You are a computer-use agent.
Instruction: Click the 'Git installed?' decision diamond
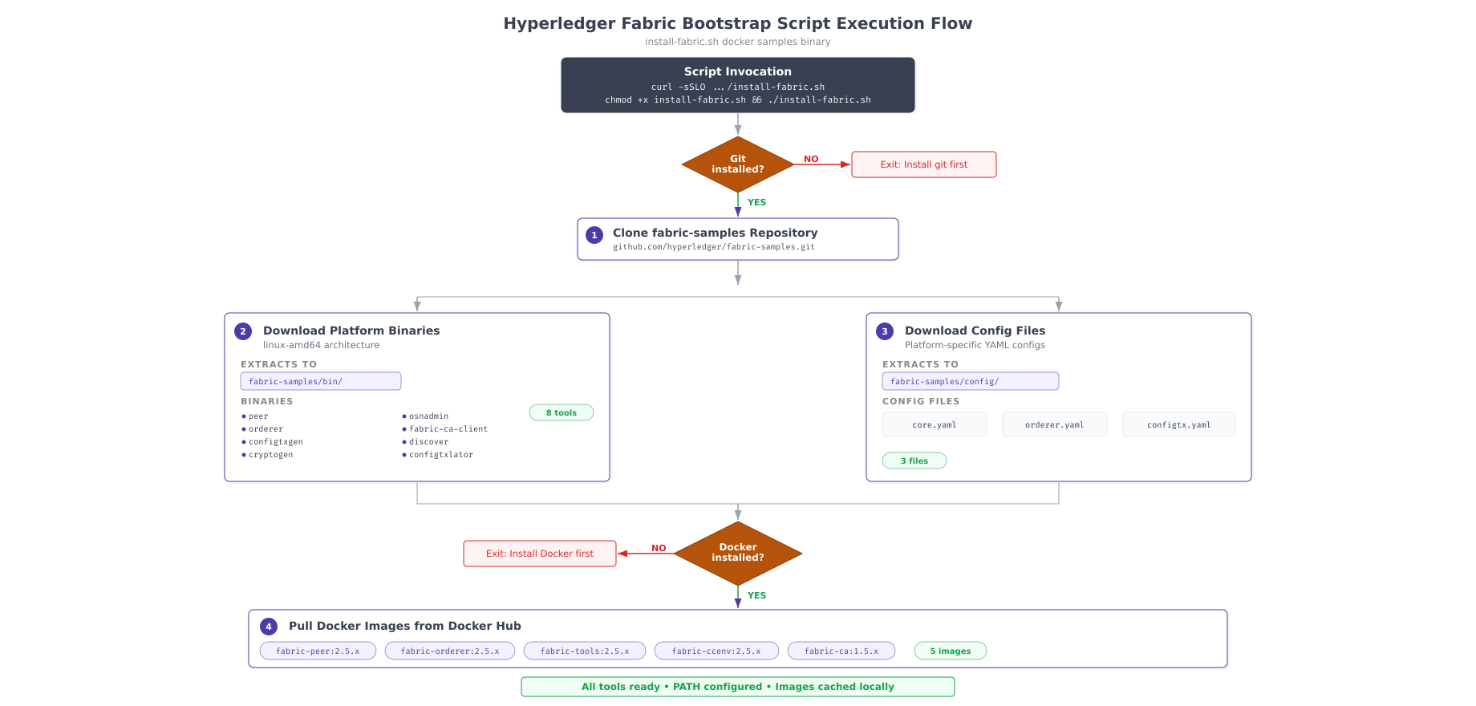[737, 164]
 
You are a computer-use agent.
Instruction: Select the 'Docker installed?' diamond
[737, 553]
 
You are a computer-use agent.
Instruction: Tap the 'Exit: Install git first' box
[923, 164]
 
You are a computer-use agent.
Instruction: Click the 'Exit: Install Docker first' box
[539, 554]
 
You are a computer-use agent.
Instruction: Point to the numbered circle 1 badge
[594, 235]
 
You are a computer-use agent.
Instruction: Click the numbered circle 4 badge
[269, 627]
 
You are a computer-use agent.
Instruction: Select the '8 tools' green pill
[561, 412]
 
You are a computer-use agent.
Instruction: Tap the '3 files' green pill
[914, 461]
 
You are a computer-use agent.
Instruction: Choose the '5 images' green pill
[950, 651]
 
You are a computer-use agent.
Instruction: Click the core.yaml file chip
[934, 424]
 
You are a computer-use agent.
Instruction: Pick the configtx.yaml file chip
[1178, 424]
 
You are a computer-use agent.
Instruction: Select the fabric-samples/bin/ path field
[320, 381]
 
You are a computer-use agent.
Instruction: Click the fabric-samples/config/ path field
[970, 381]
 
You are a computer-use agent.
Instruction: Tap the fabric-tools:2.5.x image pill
[584, 651]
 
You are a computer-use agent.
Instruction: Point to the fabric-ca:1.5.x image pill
[841, 651]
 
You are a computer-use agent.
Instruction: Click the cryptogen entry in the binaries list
[270, 455]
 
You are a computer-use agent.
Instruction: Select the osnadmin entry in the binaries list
[428, 416]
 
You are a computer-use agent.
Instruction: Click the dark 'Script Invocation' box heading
[737, 71]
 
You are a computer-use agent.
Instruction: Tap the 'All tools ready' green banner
[737, 687]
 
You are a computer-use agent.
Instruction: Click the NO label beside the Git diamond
[811, 159]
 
